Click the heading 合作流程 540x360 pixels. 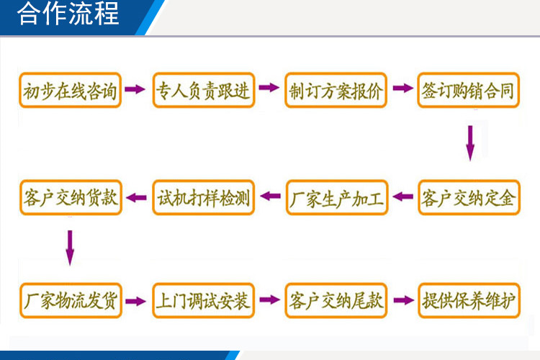point(68,14)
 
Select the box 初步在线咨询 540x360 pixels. point(70,90)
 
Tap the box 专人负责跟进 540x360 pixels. point(203,90)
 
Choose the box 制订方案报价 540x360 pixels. point(336,90)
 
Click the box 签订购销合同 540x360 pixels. point(469,90)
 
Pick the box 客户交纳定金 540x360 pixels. point(469,197)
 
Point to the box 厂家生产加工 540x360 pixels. point(337,197)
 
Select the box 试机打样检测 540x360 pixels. point(204,197)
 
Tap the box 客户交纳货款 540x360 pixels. point(70,197)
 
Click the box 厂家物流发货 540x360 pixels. point(70,300)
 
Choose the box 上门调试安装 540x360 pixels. point(204,300)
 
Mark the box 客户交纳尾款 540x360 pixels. point(336,300)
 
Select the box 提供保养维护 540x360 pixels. point(469,300)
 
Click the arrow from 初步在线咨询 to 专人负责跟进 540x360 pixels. point(135,89)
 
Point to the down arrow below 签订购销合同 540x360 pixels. point(469,143)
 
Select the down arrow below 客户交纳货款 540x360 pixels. point(70,247)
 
